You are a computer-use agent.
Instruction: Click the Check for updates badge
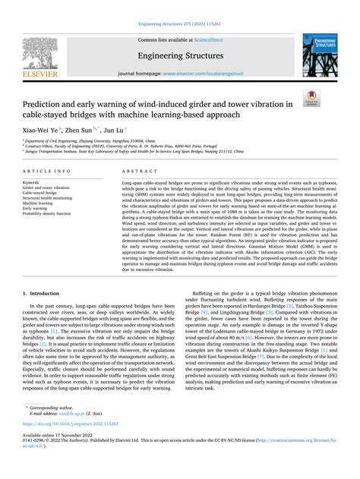coord(331,96)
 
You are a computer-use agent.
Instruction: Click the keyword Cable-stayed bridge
coord(41,193)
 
